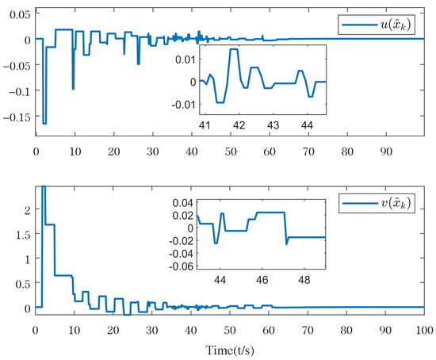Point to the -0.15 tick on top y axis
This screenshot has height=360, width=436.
tap(17, 116)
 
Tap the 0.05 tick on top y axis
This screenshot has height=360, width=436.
tap(18, 15)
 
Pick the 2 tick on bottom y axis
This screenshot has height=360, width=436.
tap(27, 209)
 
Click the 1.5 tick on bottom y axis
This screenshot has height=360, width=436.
tap(23, 234)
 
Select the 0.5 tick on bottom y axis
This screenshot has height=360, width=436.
tap(23, 283)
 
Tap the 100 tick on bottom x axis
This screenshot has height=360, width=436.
tap(423, 327)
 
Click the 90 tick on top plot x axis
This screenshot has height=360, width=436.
tap(385, 149)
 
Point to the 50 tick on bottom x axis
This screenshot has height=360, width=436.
tap(230, 327)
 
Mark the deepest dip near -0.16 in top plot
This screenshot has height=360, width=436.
tap(44, 123)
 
